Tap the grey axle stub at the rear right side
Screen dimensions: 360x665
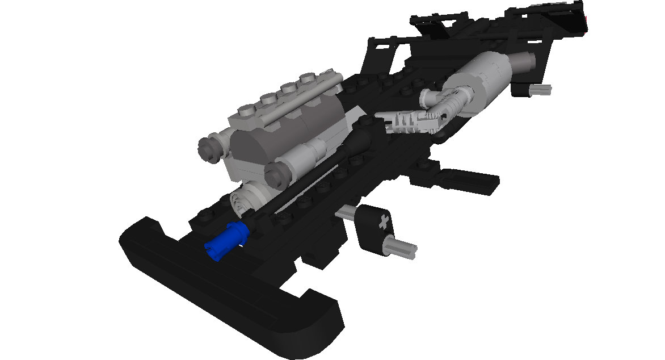tap(540, 89)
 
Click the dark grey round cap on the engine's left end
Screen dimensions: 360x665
tap(209, 147)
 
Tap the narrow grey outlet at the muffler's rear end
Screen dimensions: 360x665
tap(523, 61)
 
